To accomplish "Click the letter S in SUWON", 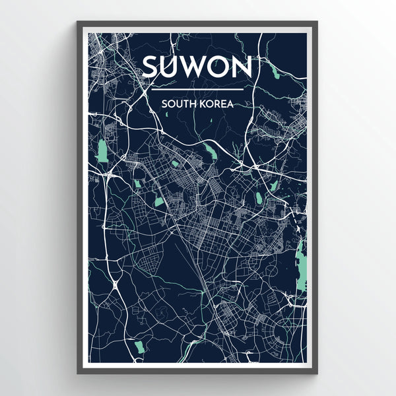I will pyautogui.click(x=152, y=67).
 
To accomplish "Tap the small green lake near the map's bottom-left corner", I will pyautogui.click(x=139, y=346).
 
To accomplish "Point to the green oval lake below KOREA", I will pyautogui.click(x=211, y=152).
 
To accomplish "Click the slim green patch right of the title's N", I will pyautogui.click(x=273, y=69).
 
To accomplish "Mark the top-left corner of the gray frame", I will pyautogui.click(x=78, y=22).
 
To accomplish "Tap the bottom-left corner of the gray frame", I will pyautogui.click(x=78, y=373).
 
